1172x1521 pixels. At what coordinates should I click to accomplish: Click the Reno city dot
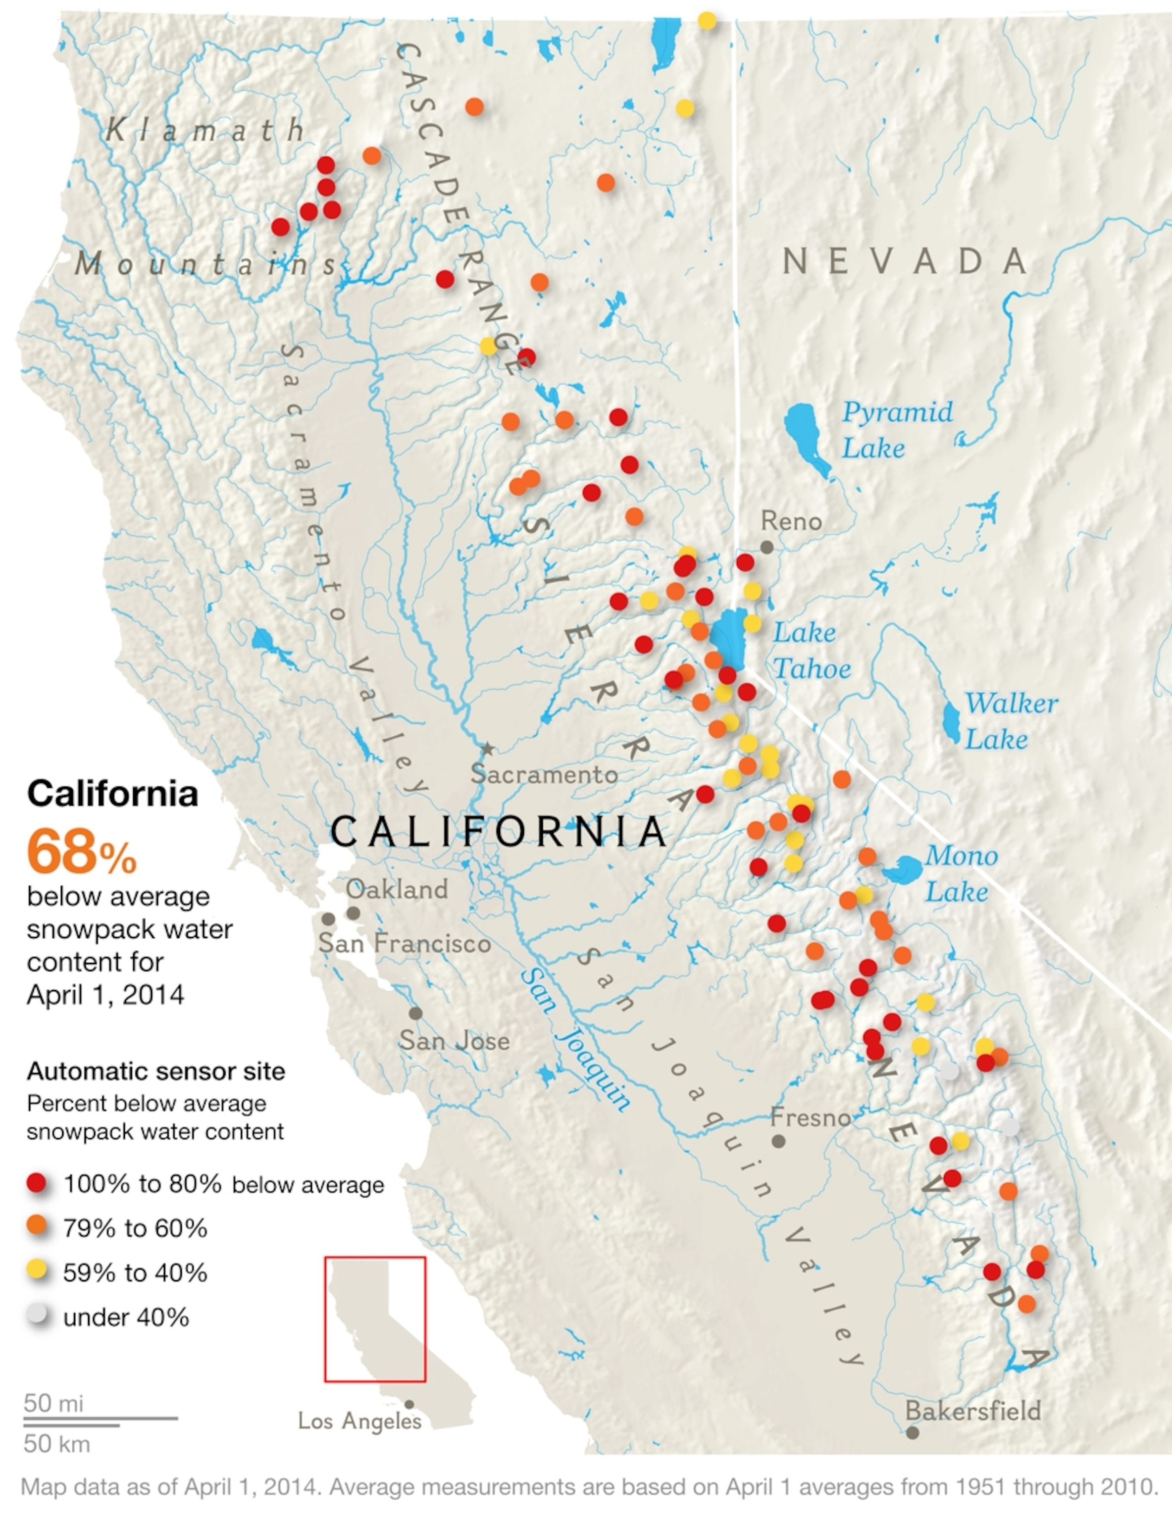[766, 548]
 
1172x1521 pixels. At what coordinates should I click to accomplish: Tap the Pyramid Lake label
[897, 430]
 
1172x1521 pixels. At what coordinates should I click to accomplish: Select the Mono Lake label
[961, 873]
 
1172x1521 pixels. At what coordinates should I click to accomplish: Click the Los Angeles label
[360, 1420]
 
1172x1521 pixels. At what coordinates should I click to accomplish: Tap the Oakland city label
[397, 889]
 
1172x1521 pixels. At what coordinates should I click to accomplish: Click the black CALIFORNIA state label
[499, 831]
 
